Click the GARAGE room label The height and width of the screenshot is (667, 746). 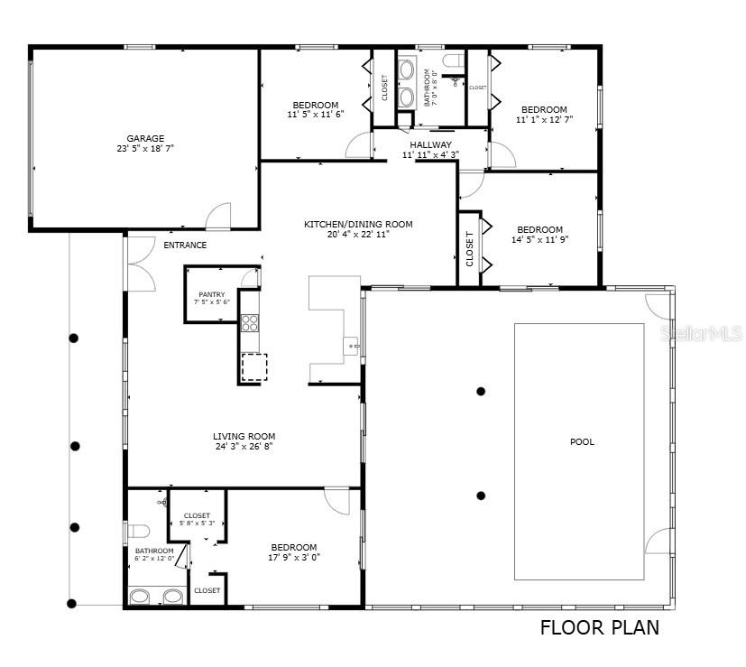pyautogui.click(x=144, y=138)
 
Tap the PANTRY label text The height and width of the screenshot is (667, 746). pyautogui.click(x=212, y=294)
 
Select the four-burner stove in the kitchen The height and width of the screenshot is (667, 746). pyautogui.click(x=250, y=322)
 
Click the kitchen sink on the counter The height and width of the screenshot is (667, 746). pyautogui.click(x=351, y=344)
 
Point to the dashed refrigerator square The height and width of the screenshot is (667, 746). pyautogui.click(x=254, y=367)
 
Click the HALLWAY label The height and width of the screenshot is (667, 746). pyautogui.click(x=430, y=144)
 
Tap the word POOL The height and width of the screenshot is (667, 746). pyautogui.click(x=582, y=442)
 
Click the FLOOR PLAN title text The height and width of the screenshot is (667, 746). pyautogui.click(x=599, y=627)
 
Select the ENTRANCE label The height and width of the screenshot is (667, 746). pyautogui.click(x=185, y=245)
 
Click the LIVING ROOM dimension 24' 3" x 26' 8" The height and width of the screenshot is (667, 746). pyautogui.click(x=244, y=446)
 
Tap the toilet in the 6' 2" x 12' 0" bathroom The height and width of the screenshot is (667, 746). pyautogui.click(x=135, y=530)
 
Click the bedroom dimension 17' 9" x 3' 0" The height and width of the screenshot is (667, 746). pyautogui.click(x=293, y=557)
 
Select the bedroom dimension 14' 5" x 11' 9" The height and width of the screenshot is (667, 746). pyautogui.click(x=539, y=240)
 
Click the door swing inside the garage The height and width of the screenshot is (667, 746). pyautogui.click(x=218, y=217)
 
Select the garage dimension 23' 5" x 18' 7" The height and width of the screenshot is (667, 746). pyautogui.click(x=144, y=149)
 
